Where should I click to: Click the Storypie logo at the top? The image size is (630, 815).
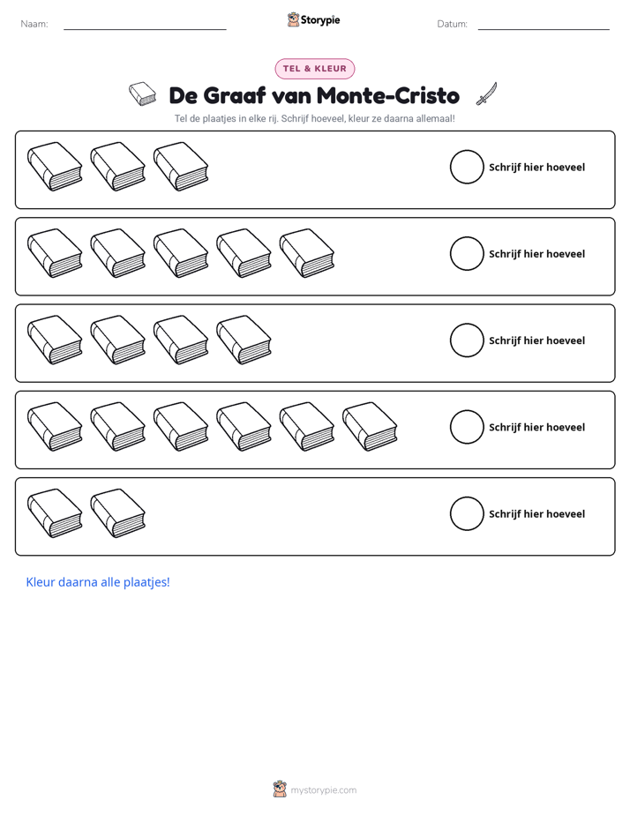(313, 19)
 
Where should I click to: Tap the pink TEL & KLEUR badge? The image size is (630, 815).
(314, 69)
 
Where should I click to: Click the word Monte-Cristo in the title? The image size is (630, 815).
(387, 95)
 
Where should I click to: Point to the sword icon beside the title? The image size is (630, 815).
(486, 93)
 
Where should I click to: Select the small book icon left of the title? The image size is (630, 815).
(142, 93)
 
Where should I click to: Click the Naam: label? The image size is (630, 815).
(34, 24)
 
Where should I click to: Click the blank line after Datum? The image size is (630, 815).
(544, 29)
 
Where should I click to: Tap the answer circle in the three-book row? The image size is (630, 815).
(467, 167)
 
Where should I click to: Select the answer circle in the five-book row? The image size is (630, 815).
(467, 254)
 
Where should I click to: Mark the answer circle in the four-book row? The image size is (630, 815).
(467, 340)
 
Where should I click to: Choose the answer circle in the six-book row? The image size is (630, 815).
(467, 427)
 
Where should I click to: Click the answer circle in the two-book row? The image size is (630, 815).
(467, 513)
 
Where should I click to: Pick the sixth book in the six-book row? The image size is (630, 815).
(370, 426)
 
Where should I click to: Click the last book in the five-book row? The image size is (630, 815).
(307, 253)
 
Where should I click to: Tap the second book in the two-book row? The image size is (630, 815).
(118, 513)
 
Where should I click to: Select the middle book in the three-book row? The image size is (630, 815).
(118, 167)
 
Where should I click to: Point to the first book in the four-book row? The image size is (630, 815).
(55, 340)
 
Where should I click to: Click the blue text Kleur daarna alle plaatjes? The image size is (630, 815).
(98, 582)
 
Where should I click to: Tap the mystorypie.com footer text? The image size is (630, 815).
(323, 790)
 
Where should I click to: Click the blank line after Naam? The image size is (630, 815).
(145, 29)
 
